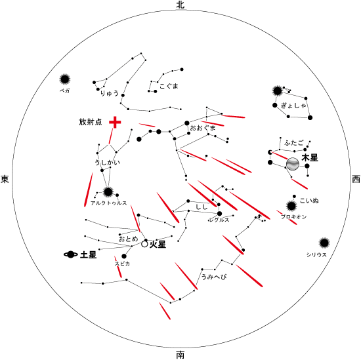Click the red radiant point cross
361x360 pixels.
coord(115,122)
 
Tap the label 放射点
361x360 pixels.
coord(91,122)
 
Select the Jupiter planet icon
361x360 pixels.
coord(293,164)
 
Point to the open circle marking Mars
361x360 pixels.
coord(144,244)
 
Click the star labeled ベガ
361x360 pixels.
coord(65,79)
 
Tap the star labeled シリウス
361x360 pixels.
coord(324,243)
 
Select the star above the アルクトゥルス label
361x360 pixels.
coord(108,192)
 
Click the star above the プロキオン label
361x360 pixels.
coord(291,206)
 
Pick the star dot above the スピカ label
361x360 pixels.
coord(124,256)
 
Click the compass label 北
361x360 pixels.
coord(180,5)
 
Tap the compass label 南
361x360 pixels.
coord(180,355)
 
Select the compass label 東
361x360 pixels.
coord(5,179)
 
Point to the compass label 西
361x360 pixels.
coord(356,179)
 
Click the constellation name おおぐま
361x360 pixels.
coord(203,127)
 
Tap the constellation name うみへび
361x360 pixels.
coord(214,276)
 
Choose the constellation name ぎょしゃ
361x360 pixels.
coord(294,106)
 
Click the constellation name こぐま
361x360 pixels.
coord(169,87)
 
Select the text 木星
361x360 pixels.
coord(310,158)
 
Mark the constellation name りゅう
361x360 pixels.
coord(110,93)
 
